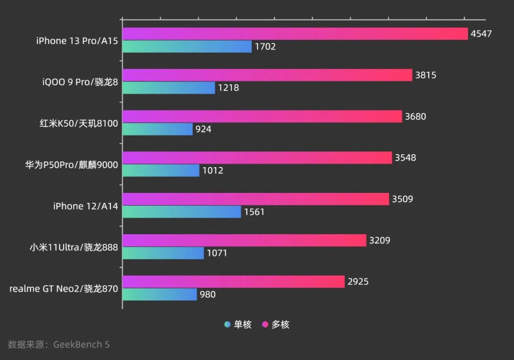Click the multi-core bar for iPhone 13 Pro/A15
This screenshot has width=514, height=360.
[295, 34]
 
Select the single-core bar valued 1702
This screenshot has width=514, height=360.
[187, 47]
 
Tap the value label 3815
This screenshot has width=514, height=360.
[425, 75]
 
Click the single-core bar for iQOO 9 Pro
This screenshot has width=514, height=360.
[168, 88]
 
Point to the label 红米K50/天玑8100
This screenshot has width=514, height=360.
[79, 123]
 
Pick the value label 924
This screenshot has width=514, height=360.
[203, 130]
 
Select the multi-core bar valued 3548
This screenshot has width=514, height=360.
[257, 158]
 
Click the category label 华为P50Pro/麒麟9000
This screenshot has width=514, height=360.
[71, 165]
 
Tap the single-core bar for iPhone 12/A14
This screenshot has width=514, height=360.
[182, 212]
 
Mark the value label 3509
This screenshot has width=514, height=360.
[402, 199]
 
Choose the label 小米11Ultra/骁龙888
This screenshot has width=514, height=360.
[74, 247]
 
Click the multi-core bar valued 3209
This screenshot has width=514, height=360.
[244, 240]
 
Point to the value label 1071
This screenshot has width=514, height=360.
[217, 253]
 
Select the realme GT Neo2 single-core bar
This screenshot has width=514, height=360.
[159, 294]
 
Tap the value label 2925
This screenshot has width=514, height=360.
[358, 281]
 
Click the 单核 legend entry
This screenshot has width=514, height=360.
[238, 325]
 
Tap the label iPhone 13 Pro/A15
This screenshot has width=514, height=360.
[77, 41]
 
